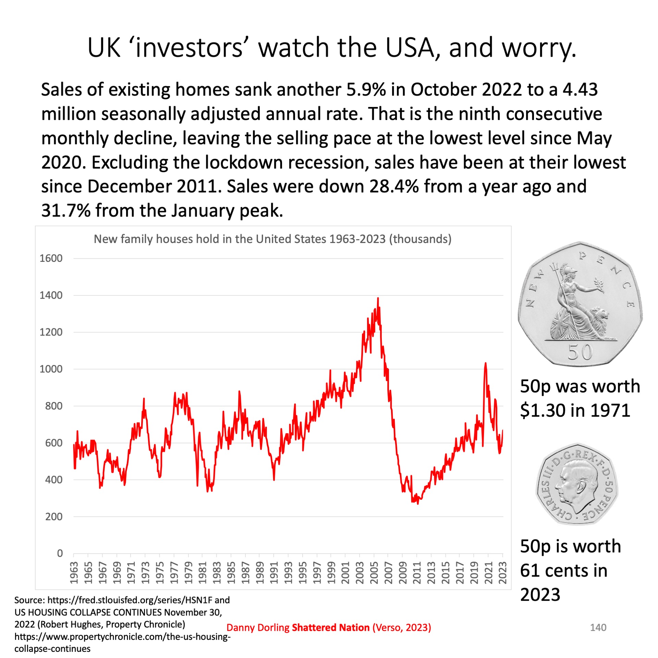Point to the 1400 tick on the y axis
click(x=51, y=295)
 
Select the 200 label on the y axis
click(x=54, y=516)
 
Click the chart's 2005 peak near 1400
click(x=378, y=298)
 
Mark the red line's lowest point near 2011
click(x=418, y=503)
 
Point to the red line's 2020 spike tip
click(x=485, y=363)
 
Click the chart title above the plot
click(x=272, y=239)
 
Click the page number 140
click(x=598, y=627)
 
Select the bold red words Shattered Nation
click(x=330, y=627)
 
